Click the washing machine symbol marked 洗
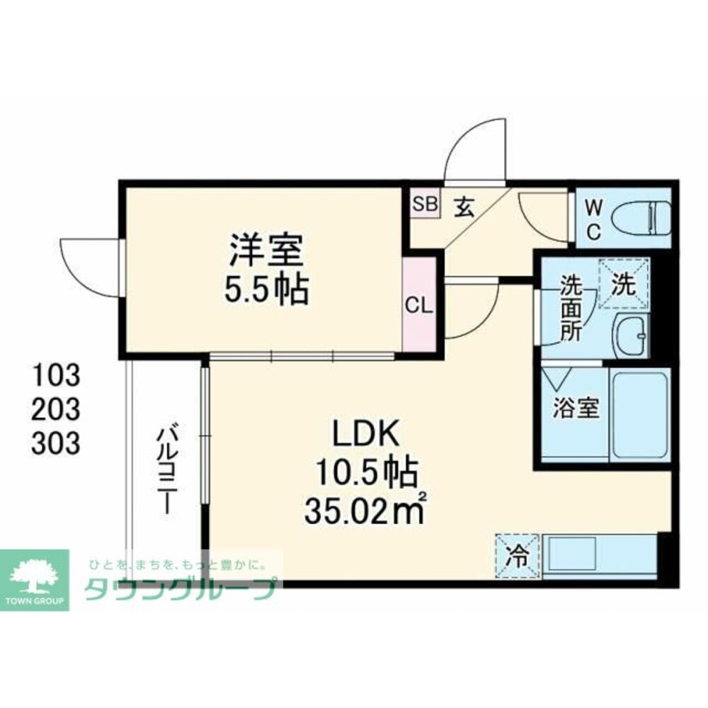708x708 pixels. pyautogui.click(x=623, y=283)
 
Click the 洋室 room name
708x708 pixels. pyautogui.click(x=265, y=249)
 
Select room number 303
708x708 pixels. pyautogui.click(x=55, y=444)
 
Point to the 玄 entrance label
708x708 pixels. pyautogui.click(x=464, y=206)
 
